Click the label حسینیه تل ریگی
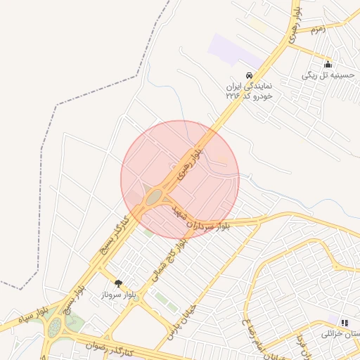330,75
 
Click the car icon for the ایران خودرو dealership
248,75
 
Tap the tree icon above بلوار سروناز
118,283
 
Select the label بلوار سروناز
118,295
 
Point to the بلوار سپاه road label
34,311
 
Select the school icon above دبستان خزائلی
345,322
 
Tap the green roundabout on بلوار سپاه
53,328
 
